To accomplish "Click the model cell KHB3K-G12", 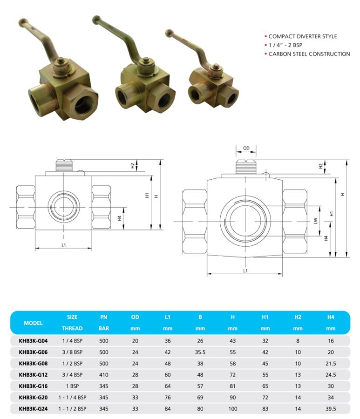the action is [x=33, y=375].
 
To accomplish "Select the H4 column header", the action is [x=331, y=317].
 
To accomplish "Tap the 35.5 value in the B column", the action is [x=200, y=352].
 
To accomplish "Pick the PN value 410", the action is [x=104, y=375].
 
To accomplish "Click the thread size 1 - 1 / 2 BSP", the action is [x=73, y=409].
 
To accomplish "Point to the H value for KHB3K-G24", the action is [x=232, y=409].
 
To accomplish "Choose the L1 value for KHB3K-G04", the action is [x=168, y=341].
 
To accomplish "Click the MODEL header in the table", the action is [x=33, y=323].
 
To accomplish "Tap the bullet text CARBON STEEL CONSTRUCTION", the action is [x=309, y=54].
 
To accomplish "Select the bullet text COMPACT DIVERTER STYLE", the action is [x=303, y=36].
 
